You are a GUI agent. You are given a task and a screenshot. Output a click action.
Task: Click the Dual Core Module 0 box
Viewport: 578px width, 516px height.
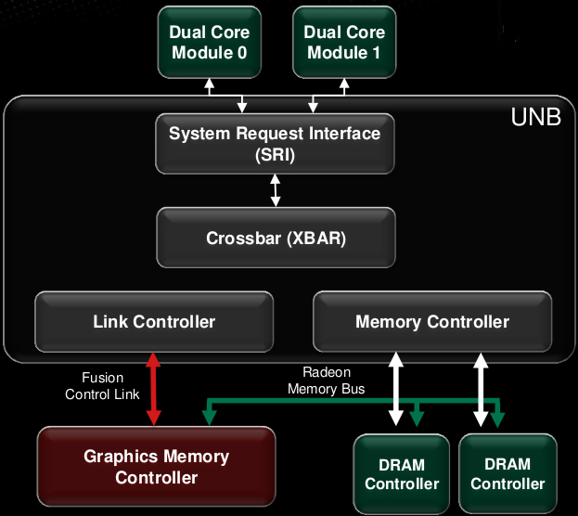tap(209, 43)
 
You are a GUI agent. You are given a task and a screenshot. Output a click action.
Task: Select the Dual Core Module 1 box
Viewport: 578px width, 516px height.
tap(343, 43)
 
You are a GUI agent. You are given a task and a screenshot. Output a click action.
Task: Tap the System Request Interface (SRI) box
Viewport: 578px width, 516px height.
tap(275, 144)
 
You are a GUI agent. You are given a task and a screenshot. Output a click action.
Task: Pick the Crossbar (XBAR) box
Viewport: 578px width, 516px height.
tap(276, 238)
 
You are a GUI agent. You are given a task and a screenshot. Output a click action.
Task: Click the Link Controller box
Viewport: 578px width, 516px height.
tap(154, 322)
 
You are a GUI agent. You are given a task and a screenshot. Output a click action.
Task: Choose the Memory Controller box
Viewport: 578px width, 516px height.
tap(432, 322)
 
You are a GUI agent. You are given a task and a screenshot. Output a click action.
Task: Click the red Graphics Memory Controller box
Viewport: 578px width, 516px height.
tap(156, 467)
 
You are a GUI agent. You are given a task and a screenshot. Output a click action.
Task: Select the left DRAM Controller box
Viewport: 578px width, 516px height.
tap(402, 473)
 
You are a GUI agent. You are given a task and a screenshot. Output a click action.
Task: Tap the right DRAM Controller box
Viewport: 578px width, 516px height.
tap(507, 473)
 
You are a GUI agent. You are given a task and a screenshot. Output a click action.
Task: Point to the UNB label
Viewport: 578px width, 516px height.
tap(536, 119)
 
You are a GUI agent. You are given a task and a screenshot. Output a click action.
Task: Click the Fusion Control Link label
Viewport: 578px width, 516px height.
tap(102, 386)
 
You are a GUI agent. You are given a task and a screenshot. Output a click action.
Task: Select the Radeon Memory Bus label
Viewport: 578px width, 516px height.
tap(326, 381)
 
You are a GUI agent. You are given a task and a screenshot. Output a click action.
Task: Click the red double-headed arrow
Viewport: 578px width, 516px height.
tap(154, 390)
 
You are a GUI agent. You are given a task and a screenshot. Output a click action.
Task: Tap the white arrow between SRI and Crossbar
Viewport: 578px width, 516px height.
tap(275, 189)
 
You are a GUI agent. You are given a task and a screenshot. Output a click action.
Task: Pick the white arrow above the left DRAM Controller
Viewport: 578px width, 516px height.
tap(396, 390)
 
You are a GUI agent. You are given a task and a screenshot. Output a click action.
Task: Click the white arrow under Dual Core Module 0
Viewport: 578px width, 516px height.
tap(209, 88)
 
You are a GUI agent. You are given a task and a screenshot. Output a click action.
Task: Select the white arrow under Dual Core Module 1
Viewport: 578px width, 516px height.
tap(343, 88)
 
